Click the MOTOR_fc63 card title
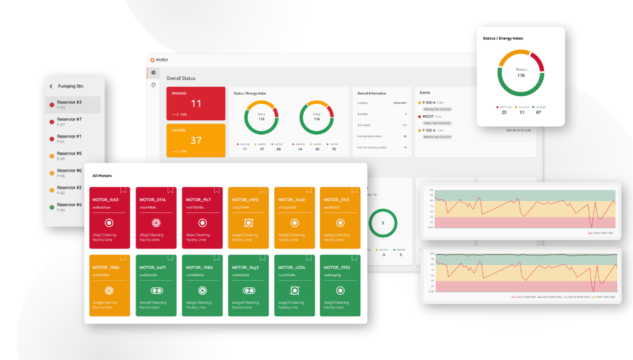[105, 200]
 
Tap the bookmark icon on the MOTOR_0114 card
[170, 190]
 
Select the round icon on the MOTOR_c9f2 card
[248, 223]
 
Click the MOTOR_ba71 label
[152, 268]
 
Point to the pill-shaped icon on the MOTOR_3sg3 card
[248, 291]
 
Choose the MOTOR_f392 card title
[337, 268]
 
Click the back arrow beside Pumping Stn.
[51, 86]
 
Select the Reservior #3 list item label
[69, 102]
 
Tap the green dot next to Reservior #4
[52, 207]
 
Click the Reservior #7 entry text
[69, 120]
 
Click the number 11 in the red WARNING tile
[196, 104]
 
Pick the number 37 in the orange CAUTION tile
[196, 140]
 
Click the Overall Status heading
[181, 78]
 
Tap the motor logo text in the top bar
[162, 60]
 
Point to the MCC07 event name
[428, 116]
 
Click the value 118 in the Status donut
[521, 75]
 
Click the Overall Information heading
[372, 94]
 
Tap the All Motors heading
[102, 176]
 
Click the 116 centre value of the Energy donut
[316, 119]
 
